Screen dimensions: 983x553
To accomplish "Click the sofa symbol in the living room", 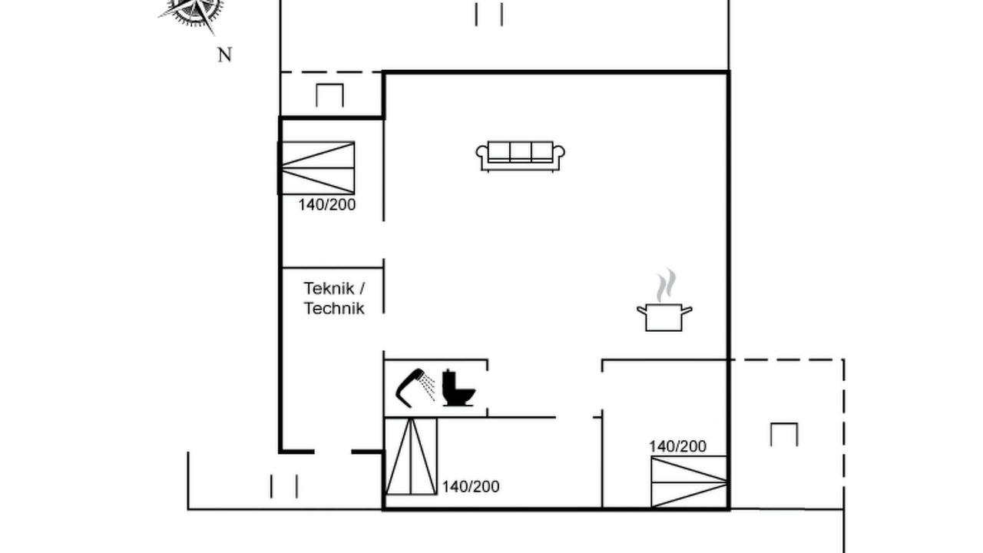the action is pos(520,156).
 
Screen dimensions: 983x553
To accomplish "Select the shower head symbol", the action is pos(415,388).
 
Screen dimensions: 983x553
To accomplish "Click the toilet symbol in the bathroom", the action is pos(458,388).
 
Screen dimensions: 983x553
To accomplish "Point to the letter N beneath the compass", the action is pos(225,55).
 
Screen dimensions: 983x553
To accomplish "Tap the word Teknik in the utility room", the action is pos(329,288).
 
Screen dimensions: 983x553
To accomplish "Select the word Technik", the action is pos(334,308).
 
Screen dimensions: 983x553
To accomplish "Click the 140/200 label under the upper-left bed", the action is pos(327,205).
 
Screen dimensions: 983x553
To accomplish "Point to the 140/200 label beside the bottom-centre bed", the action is pos(471,487).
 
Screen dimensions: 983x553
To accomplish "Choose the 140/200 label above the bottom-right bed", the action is pos(677,446).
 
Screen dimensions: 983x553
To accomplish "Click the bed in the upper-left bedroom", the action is pos(316,167).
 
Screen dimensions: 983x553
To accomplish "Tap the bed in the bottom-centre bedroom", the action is pos(411,456).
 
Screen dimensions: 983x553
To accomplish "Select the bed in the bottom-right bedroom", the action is pos(689,482).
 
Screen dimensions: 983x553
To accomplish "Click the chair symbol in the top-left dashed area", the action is pos(329,95).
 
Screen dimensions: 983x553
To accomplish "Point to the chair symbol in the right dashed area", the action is pos(784,435).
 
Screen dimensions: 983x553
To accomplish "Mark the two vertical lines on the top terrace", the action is pos(489,15).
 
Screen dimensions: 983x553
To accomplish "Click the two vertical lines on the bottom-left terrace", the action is pos(284,486).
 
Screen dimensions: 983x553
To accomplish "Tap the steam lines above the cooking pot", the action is pos(666,285).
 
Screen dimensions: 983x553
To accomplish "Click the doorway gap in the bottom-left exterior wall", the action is pos(333,452).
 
